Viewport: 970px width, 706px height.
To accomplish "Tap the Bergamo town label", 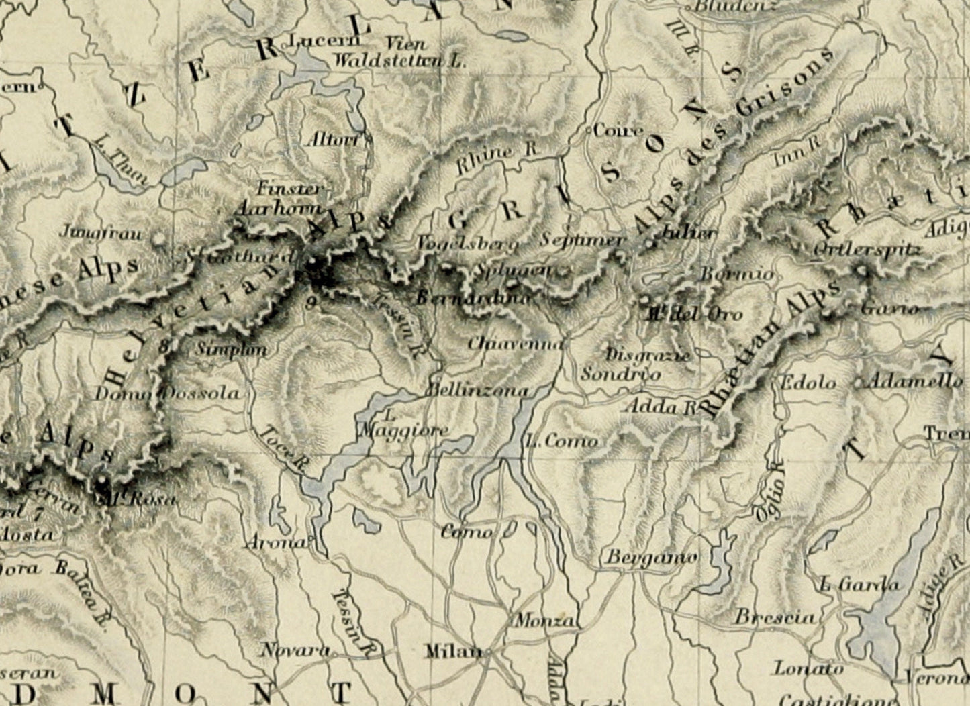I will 651,557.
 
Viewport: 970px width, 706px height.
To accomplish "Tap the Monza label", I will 544,621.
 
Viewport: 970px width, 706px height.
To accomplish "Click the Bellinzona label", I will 478,390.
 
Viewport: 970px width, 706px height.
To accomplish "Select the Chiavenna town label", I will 515,343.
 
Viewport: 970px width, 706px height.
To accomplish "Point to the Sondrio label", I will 620,374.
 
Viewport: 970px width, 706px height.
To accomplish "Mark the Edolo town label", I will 808,383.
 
